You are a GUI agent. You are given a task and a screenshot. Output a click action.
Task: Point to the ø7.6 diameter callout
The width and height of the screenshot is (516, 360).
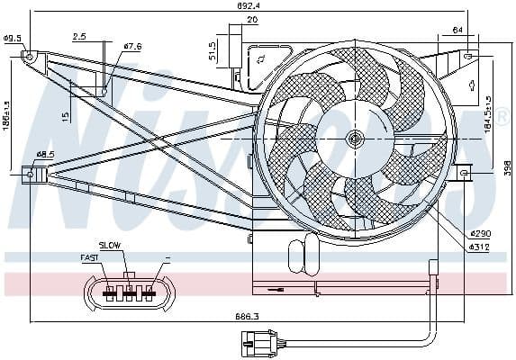point(132,47)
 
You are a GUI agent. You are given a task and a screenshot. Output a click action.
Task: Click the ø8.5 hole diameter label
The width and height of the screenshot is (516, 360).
point(43,154)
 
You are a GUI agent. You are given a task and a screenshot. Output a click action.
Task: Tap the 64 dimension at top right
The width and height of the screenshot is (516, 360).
point(459,30)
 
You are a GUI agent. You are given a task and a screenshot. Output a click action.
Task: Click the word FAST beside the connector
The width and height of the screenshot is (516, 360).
point(90,257)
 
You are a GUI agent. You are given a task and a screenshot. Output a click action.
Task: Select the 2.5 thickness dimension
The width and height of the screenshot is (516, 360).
point(79,37)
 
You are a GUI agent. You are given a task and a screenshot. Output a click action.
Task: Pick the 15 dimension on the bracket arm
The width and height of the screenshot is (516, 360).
point(67,115)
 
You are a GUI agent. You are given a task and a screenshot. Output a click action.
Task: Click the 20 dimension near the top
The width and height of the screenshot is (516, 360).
point(252,20)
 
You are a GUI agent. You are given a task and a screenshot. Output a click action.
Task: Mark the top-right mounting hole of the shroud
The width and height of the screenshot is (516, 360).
point(466,56)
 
